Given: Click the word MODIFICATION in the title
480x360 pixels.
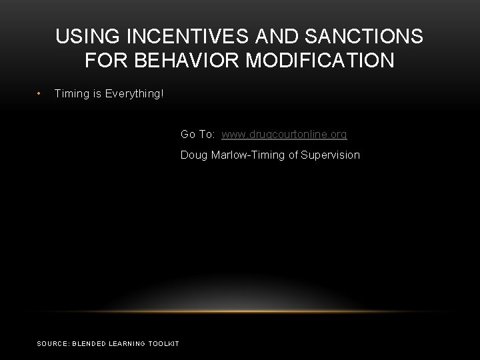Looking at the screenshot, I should (x=320, y=61).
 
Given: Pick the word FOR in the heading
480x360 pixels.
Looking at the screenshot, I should (x=104, y=61).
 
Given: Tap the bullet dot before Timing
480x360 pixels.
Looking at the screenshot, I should (x=41, y=94).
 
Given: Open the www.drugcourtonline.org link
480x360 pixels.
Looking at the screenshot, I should (x=284, y=135).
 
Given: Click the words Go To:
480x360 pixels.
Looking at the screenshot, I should (x=197, y=135).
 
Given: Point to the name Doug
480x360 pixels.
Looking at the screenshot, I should (x=194, y=155).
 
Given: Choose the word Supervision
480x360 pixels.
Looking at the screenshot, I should (x=330, y=155).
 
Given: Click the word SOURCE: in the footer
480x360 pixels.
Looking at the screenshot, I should (x=52, y=343).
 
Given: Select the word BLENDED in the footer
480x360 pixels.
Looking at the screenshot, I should (x=87, y=343).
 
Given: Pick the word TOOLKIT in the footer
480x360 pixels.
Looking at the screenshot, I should (x=164, y=343).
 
